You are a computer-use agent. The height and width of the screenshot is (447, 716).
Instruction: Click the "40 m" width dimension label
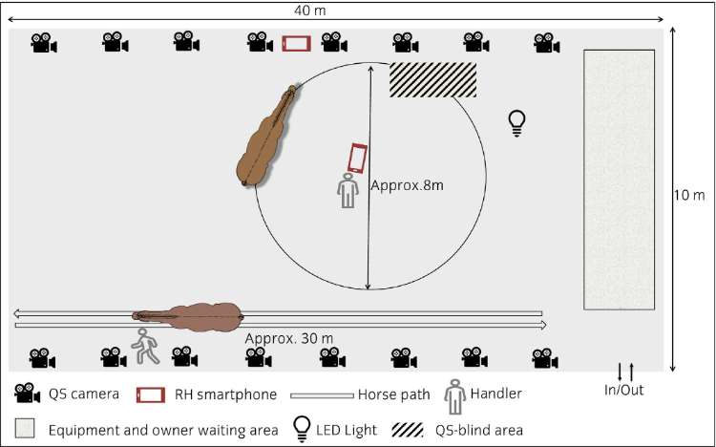point(310,11)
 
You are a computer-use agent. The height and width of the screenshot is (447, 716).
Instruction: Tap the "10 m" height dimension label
point(689,195)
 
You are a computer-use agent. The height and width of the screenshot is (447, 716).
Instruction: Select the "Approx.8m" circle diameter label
point(407,185)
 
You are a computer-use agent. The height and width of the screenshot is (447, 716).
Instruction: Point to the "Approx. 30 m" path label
point(289,339)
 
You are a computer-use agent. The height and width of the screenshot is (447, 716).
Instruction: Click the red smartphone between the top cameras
point(296,43)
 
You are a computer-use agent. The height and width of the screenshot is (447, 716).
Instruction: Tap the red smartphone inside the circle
point(358,159)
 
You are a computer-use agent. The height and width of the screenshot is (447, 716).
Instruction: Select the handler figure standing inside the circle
point(347,191)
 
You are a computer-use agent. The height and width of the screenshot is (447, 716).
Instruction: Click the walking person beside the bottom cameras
point(146,346)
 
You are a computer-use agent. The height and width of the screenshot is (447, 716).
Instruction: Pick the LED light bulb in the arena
point(516,123)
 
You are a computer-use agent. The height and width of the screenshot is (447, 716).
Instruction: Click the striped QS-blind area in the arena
point(432,80)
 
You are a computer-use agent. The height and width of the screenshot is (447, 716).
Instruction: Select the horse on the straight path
point(188,317)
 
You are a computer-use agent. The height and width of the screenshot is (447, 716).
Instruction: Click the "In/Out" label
point(623,390)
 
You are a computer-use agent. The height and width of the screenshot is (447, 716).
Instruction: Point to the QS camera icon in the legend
point(28,394)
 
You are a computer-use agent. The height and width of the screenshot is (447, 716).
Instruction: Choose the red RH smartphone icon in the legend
point(151,394)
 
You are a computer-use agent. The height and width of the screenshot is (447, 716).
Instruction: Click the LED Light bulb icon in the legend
point(302,429)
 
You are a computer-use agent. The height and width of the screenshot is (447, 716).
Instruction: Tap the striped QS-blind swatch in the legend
point(408,430)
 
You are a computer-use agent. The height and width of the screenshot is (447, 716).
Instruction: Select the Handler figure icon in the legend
point(454,396)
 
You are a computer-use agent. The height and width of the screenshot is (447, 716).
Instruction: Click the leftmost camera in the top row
point(44,43)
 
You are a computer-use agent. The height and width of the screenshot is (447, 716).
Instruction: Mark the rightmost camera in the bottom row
point(545,358)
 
